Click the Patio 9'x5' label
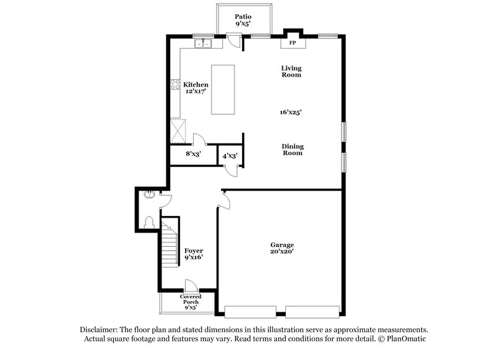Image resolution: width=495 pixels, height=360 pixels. click(x=242, y=20)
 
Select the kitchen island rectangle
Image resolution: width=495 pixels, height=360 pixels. click(x=223, y=89)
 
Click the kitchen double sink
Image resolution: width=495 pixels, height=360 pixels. click(x=203, y=43)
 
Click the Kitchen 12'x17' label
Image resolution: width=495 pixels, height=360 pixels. click(x=196, y=88)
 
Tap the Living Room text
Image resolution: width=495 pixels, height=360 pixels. click(x=291, y=71)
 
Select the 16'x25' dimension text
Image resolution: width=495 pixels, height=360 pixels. click(x=290, y=112)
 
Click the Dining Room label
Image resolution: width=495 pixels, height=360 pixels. click(x=293, y=150)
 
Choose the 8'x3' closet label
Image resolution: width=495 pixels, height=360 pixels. click(x=194, y=155)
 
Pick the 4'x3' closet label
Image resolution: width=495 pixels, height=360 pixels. click(x=230, y=156)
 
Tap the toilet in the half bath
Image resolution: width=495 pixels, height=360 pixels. click(x=148, y=221)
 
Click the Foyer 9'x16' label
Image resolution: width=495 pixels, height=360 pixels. click(x=194, y=254)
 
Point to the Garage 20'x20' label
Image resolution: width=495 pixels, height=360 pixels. click(x=282, y=249)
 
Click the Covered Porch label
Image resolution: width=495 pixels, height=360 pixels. click(x=190, y=301)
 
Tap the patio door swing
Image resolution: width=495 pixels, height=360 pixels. click(x=233, y=41)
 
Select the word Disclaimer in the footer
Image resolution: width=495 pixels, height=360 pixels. click(x=101, y=330)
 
